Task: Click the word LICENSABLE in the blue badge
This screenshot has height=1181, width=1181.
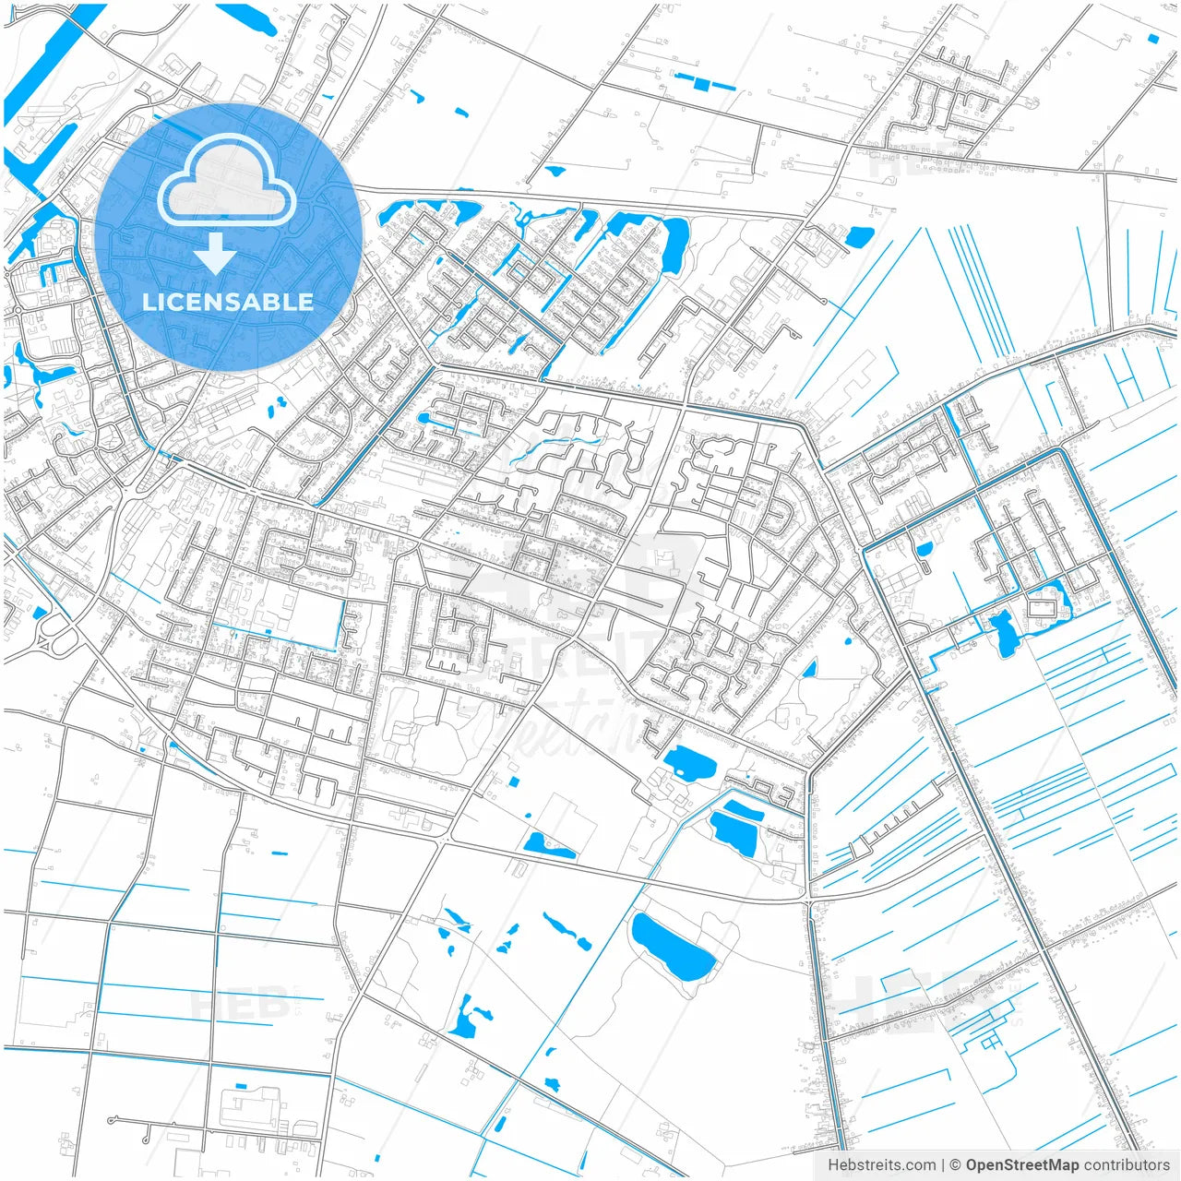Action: click(228, 302)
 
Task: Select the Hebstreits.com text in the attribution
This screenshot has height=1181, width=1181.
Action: click(881, 1165)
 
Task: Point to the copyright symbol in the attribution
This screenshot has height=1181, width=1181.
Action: click(956, 1165)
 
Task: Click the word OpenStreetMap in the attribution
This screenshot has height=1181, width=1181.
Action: click(1022, 1165)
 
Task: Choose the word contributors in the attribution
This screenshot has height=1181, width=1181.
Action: click(1127, 1165)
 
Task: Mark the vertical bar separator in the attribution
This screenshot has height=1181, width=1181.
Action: click(943, 1165)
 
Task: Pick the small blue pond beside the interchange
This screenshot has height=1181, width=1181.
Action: click(39, 612)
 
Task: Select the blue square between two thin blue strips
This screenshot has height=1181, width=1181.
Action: click(702, 84)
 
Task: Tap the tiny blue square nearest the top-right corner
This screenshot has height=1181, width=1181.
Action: click(1153, 38)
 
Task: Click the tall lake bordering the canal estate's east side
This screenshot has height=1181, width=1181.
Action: click(674, 245)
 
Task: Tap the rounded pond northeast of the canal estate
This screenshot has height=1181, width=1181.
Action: click(859, 236)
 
